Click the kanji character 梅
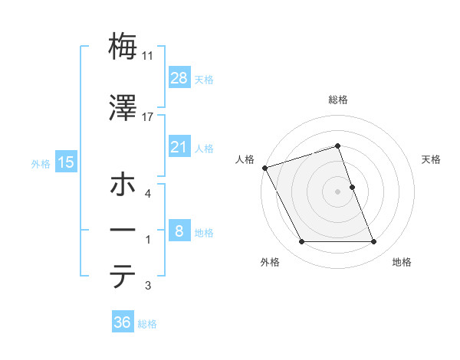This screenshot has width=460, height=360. tap(123, 47)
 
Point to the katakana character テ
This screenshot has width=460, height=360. tap(123, 277)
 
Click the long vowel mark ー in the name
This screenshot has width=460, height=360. tap(123, 231)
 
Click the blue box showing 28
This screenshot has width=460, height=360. tap(179, 77)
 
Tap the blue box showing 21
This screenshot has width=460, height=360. tap(179, 147)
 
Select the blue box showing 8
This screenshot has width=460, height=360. tap(179, 231)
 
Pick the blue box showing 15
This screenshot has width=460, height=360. tap(65, 162)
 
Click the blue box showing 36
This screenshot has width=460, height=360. tap(123, 322)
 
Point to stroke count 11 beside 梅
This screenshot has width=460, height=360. tap(148, 56)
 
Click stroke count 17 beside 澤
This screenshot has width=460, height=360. tap(148, 116)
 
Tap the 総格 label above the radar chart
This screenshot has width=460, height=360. tap(338, 100)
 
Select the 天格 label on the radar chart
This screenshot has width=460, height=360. tap(432, 159)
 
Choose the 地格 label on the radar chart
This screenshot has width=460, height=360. tap(402, 262)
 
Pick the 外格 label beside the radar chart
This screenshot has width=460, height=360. tap(270, 262)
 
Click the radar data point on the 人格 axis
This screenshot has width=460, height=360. tap(264, 168)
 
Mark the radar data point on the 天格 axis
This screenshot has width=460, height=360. tap(352, 186)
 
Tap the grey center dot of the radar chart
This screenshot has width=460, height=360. tap(337, 191)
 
